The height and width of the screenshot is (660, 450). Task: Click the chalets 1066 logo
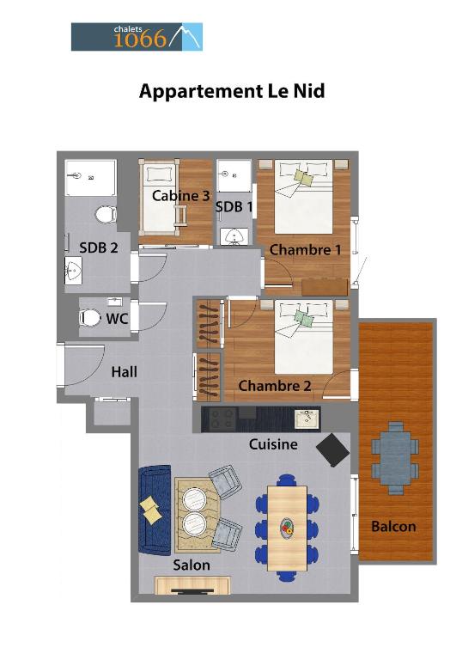click(137, 37)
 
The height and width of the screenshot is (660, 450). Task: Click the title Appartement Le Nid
click(232, 91)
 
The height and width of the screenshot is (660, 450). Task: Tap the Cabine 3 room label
click(180, 195)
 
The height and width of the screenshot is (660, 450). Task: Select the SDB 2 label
click(99, 247)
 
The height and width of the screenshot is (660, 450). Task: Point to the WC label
click(117, 319)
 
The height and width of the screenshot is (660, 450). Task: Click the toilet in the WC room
click(90, 318)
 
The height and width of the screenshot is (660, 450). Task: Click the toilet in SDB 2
click(106, 214)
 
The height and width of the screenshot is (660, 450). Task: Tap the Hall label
click(124, 371)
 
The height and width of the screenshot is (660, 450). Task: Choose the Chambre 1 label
click(305, 249)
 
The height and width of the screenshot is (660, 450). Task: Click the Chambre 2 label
click(275, 386)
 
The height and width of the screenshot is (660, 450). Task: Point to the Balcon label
click(393, 526)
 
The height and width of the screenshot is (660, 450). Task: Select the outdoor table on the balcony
click(395, 458)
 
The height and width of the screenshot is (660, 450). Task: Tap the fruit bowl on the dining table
click(288, 528)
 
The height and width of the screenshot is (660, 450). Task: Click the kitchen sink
click(307, 419)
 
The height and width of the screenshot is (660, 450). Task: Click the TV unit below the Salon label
click(192, 585)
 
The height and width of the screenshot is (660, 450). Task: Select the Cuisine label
click(273, 444)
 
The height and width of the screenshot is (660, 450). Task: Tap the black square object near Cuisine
click(332, 450)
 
